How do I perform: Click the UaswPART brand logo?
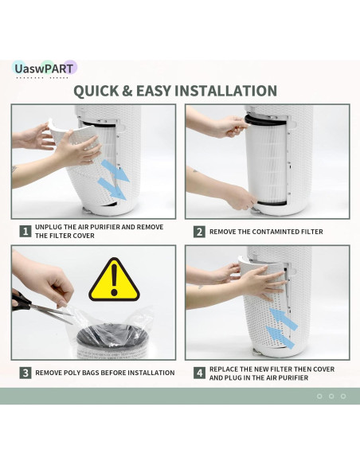click(45, 68)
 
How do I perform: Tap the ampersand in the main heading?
click(127, 91)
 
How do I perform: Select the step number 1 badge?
click(25, 232)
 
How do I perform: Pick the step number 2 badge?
click(199, 232)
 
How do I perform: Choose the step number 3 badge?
click(25, 373)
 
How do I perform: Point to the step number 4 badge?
click(199, 373)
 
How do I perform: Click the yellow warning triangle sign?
click(114, 280)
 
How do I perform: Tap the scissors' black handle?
click(21, 301)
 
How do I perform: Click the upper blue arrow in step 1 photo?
click(115, 171)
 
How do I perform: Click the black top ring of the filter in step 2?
click(264, 120)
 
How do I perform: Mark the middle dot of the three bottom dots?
click(331, 397)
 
